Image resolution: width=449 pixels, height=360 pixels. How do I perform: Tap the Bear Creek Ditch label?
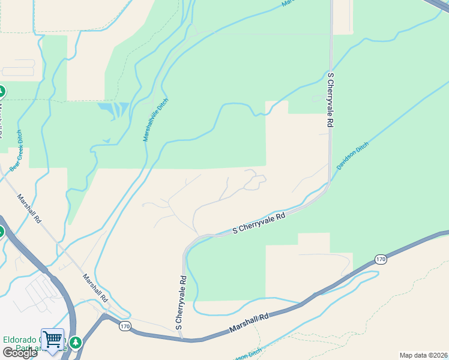(x=16, y=151)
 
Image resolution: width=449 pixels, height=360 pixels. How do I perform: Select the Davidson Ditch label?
(x=352, y=156)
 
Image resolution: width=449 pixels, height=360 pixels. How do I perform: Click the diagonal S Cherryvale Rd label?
(x=258, y=224)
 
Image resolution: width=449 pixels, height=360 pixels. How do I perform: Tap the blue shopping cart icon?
(x=52, y=339)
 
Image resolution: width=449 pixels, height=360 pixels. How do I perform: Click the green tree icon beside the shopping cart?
(x=75, y=342)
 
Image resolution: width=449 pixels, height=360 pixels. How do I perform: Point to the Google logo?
(x=19, y=353)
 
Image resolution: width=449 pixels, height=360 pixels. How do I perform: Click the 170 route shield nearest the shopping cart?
(x=124, y=326)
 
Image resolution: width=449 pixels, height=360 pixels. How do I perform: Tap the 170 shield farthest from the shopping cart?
(x=381, y=259)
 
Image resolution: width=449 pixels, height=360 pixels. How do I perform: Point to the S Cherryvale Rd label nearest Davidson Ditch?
(x=330, y=99)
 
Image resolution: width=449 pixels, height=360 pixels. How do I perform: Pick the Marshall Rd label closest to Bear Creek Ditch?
(x=29, y=208)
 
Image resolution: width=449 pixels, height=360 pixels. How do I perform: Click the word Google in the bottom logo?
(x=19, y=353)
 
